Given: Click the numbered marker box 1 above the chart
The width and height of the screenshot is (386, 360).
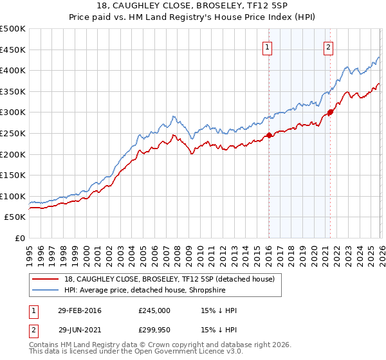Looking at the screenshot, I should coord(266,46).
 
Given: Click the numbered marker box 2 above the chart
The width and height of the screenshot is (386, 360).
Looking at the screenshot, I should coord(328,46).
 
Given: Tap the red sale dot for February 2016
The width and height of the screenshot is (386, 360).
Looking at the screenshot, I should coord(269,136).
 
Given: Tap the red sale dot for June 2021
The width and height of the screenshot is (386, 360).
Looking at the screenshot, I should coord(330,113).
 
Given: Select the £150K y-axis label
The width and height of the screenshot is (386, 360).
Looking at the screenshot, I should coord(13,175).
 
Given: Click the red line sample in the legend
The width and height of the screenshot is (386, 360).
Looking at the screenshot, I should coord(46,279).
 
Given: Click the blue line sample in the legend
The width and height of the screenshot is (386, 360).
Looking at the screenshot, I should coord(46,290).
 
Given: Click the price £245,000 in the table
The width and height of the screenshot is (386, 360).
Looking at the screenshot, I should coord(154,310).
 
